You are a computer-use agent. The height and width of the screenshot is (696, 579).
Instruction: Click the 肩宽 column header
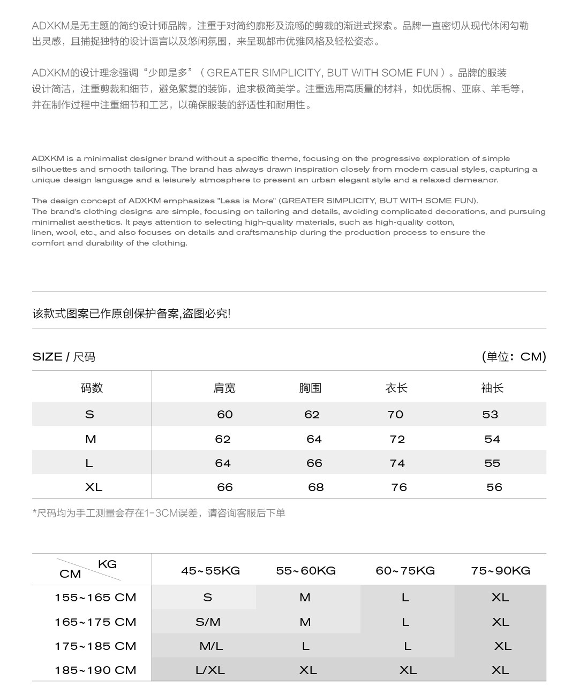point(224,388)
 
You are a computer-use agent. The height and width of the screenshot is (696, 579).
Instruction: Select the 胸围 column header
point(310,388)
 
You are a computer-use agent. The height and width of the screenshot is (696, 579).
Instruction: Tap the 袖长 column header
point(492,388)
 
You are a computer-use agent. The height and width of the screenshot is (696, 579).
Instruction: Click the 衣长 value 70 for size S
point(395,415)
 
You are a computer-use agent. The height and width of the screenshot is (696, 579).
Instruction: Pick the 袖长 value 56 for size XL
point(494,487)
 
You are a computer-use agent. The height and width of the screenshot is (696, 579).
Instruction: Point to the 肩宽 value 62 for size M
point(223,439)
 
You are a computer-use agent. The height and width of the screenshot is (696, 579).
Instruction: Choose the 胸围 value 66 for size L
point(314,463)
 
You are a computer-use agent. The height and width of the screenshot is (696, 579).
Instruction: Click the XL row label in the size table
point(94,487)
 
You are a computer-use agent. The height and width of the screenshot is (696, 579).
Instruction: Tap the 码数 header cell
point(92,388)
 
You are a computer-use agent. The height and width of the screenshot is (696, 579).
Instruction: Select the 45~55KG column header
point(210,571)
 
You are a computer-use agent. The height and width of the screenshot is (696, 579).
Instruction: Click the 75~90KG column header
point(501,571)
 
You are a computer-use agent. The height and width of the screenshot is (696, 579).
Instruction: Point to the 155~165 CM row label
point(95,598)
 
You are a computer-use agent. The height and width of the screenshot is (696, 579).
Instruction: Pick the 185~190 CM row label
point(95,670)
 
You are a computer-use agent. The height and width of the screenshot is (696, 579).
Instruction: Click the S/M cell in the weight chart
point(208,622)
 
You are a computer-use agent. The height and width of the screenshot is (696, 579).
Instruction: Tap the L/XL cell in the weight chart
point(210,670)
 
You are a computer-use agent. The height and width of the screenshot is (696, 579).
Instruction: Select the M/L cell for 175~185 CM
point(211,646)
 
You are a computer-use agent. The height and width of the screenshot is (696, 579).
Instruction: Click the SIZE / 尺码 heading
point(64,357)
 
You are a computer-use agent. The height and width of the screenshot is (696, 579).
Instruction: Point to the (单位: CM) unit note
point(514,357)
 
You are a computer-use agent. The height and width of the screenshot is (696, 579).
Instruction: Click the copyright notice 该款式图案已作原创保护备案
point(131,314)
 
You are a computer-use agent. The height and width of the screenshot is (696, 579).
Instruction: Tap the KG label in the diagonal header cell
point(107,564)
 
